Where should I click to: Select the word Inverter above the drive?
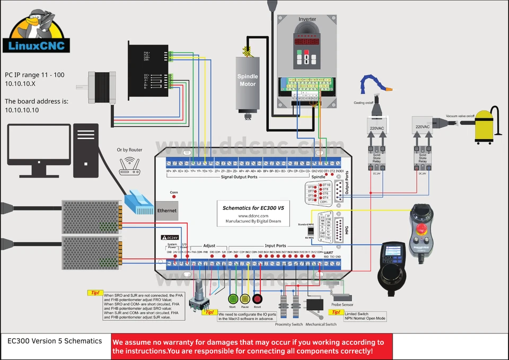point(307,19)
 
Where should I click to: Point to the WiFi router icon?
point(129,165)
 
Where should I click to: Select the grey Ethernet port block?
point(166,210)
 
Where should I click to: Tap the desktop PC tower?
point(86,151)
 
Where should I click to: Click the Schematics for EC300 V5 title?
point(253,209)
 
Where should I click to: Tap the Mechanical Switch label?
point(321,324)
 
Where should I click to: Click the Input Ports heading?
point(275,246)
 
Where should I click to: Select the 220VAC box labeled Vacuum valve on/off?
point(423,127)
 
